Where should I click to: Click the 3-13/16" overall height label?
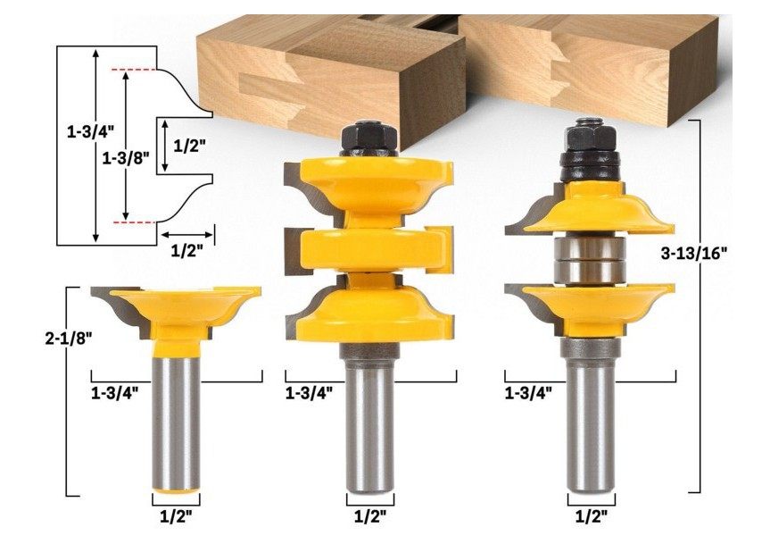tap(693, 254)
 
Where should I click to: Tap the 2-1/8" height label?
tap(69, 339)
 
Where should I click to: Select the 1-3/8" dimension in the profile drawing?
tap(126, 158)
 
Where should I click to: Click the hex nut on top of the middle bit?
tap(368, 139)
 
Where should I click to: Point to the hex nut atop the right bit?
tap(591, 134)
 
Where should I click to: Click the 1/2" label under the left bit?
tap(176, 516)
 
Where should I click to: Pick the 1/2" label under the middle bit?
tap(370, 516)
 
